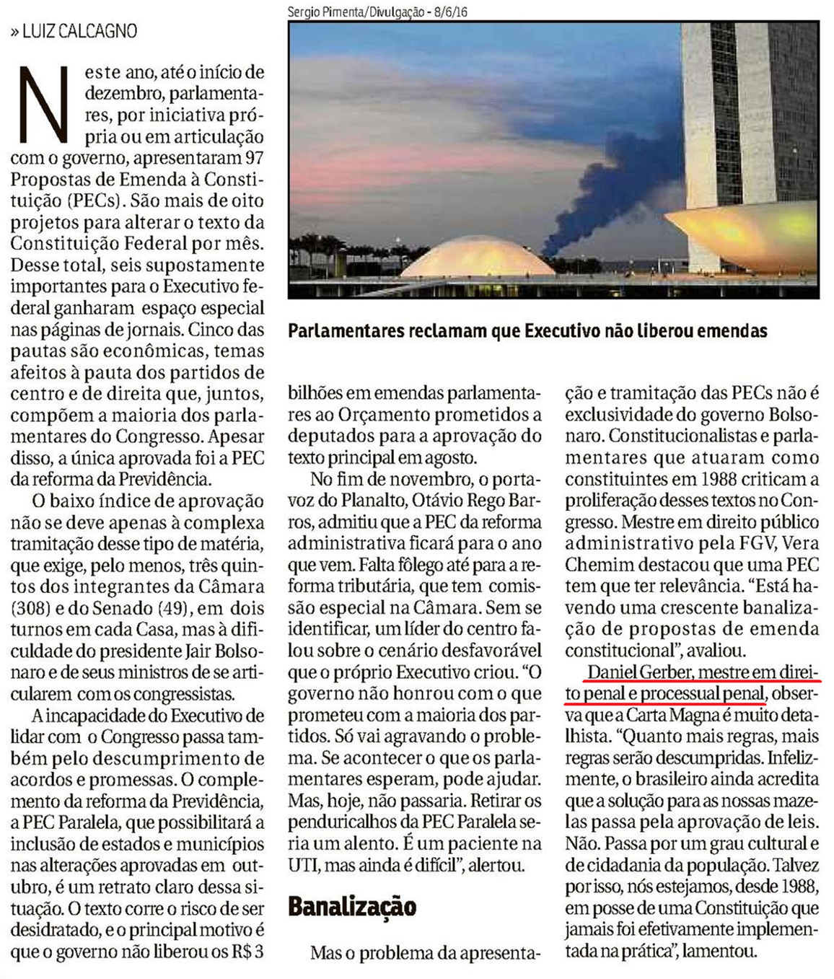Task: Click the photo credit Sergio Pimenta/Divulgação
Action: pyautogui.click(x=355, y=12)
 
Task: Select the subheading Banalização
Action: pyautogui.click(x=352, y=905)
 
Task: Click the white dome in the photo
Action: pyautogui.click(x=477, y=261)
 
